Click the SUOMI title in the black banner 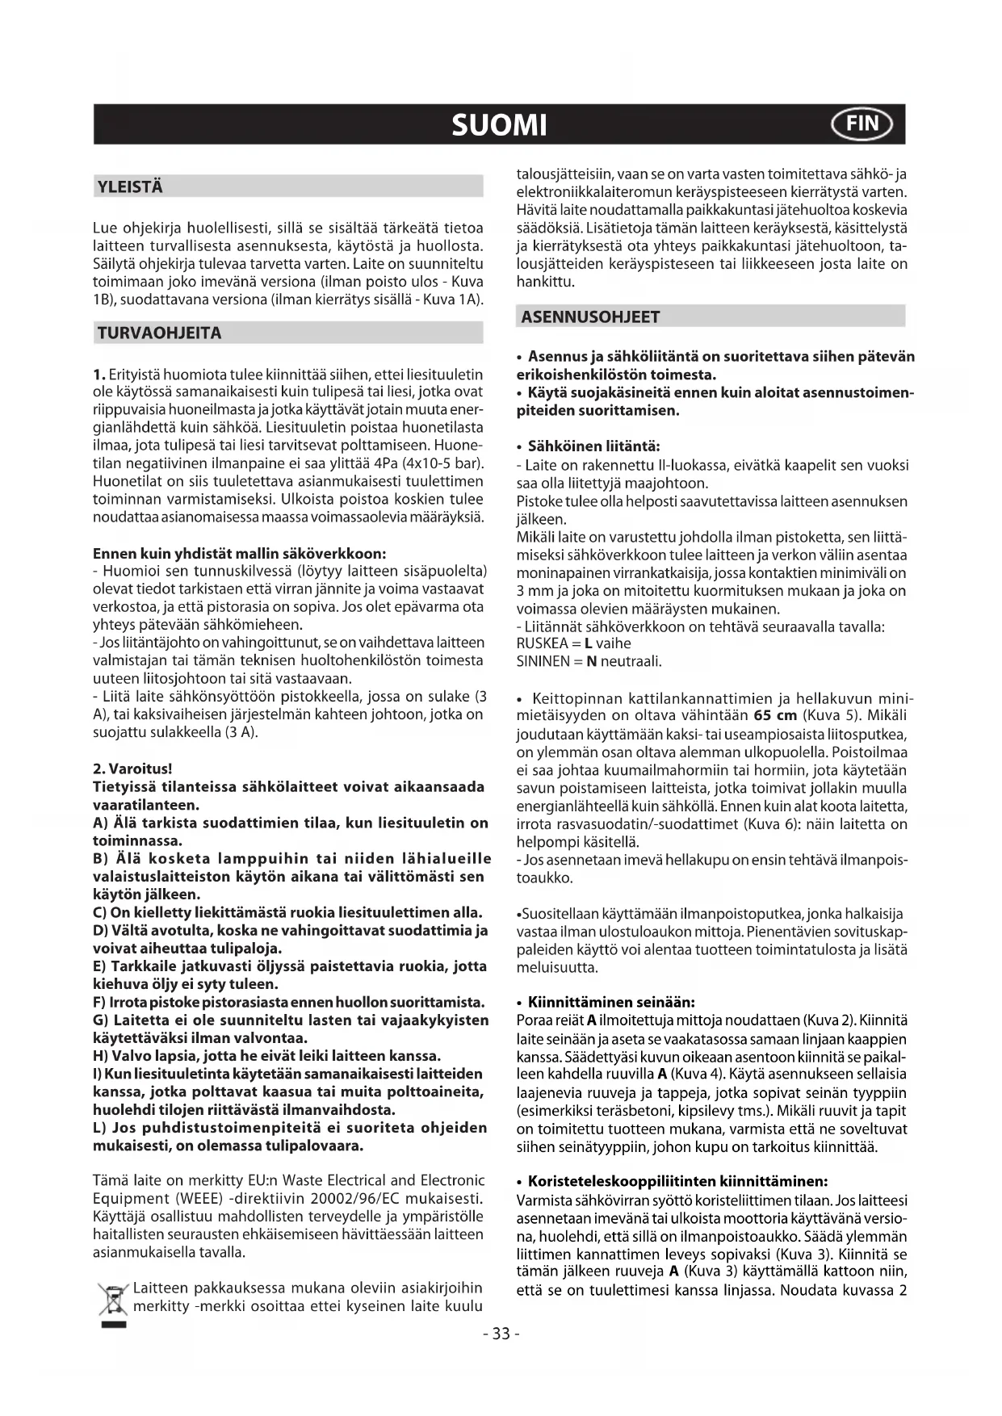(x=499, y=125)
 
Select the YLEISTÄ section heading (x=130, y=187)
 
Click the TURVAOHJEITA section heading (x=159, y=333)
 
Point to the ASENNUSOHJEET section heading (x=590, y=317)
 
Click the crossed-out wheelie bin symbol (x=113, y=1299)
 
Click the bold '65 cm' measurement (x=774, y=716)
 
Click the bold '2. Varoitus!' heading (x=133, y=769)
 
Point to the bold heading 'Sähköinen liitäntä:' (x=593, y=446)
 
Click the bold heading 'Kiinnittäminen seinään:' (x=611, y=1003)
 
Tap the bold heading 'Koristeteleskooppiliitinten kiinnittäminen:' (x=677, y=1182)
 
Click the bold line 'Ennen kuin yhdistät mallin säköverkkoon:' (x=240, y=554)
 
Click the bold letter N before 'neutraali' (x=591, y=662)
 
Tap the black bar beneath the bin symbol (x=113, y=1326)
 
